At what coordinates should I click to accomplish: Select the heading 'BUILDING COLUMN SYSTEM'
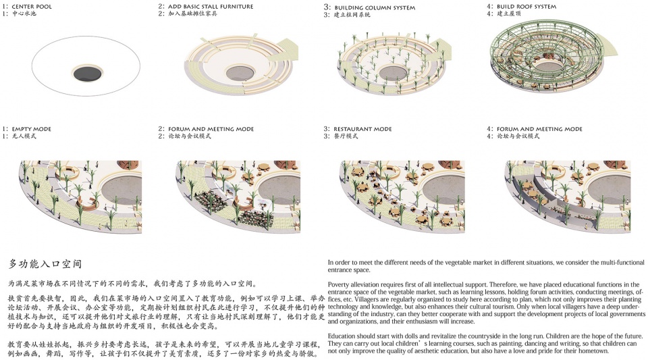tap(375, 7)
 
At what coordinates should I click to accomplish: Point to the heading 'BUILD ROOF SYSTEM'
tap(537, 6)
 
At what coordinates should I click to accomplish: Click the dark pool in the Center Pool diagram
tap(88, 73)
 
